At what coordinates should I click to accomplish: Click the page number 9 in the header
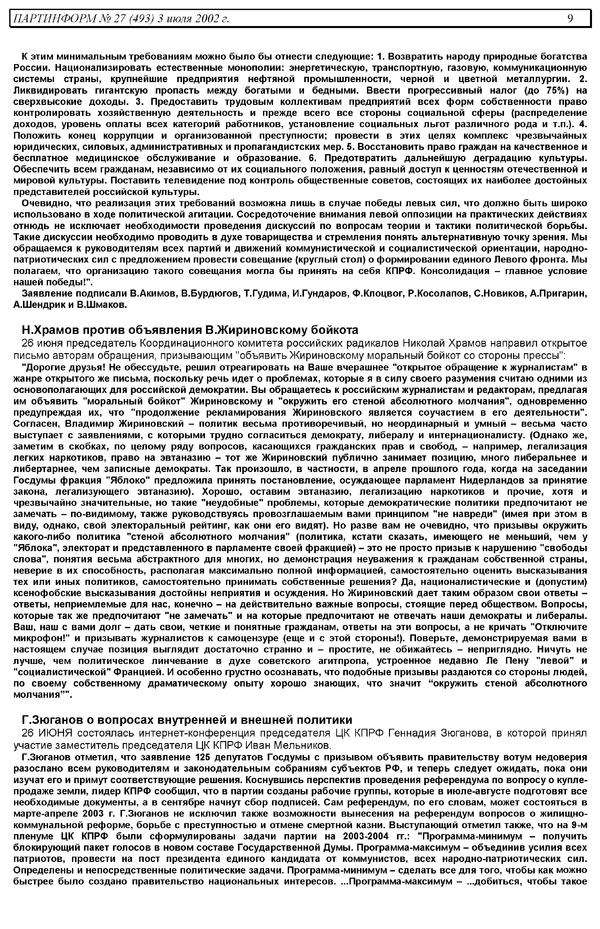(x=570, y=18)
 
